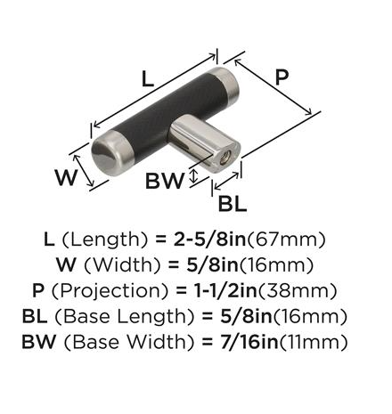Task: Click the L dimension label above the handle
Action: click(x=148, y=79)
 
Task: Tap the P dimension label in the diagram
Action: click(x=282, y=77)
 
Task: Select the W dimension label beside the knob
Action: click(x=66, y=177)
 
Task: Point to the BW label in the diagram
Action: click(x=165, y=181)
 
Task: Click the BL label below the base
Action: click(x=233, y=204)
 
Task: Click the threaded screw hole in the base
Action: click(x=226, y=156)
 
